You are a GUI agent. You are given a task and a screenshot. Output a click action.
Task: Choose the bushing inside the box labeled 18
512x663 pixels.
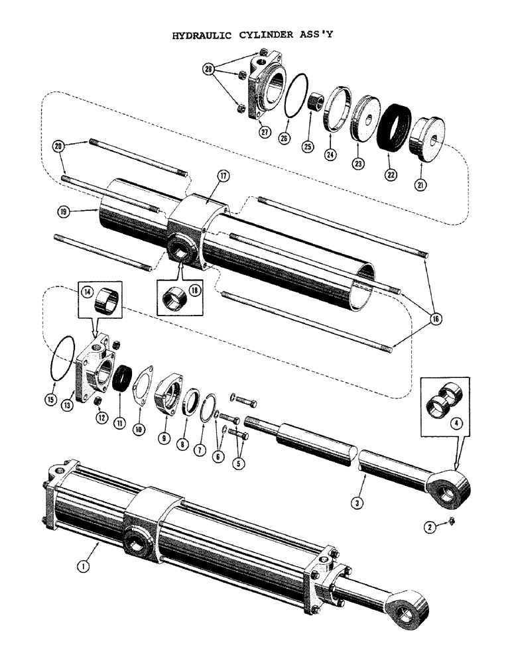[176, 303]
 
